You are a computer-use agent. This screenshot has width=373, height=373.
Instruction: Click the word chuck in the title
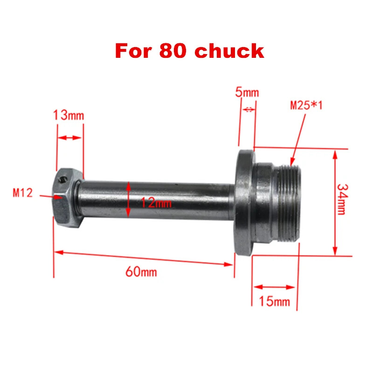click(229, 51)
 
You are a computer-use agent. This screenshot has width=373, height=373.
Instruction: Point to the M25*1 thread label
click(306, 105)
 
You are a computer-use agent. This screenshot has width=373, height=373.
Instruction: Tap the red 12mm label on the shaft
click(157, 203)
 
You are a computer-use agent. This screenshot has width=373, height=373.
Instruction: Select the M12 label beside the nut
click(23, 193)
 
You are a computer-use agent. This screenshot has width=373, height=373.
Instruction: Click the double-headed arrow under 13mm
click(69, 138)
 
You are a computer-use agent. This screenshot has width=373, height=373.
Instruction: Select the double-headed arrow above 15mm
click(274, 287)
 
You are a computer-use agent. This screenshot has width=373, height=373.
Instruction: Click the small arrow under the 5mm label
click(249, 110)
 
